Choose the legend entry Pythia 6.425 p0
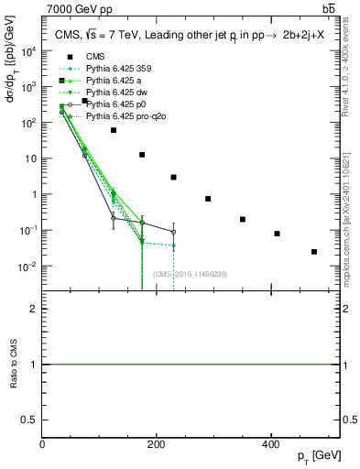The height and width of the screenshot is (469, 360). tap(110, 104)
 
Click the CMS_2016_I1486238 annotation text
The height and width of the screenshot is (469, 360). tap(191, 274)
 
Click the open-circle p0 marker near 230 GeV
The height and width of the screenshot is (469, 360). tap(173, 233)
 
